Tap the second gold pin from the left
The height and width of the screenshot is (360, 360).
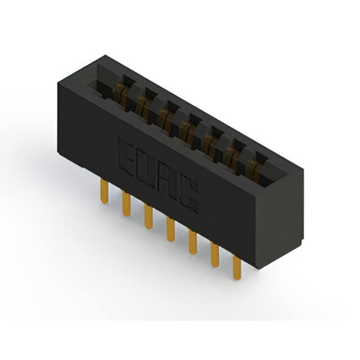point(127,204)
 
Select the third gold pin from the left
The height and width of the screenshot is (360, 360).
point(148,216)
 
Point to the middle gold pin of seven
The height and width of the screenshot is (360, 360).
point(170,229)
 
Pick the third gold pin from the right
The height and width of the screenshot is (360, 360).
point(193,242)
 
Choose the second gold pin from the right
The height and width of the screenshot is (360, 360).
point(215,255)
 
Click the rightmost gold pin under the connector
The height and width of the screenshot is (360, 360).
point(237,268)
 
